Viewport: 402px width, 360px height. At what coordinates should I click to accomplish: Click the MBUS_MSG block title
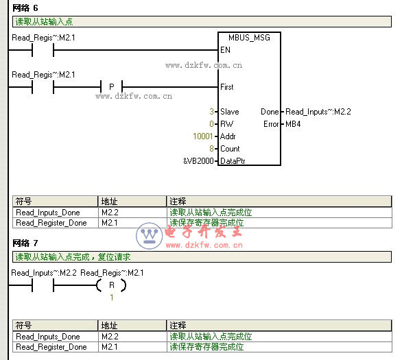pyautogui.click(x=249, y=38)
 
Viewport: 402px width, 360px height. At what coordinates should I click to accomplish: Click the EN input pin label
pyautogui.click(x=226, y=49)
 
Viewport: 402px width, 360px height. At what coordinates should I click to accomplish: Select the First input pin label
pyautogui.click(x=227, y=87)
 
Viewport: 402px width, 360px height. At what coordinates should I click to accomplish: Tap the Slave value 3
pyautogui.click(x=211, y=112)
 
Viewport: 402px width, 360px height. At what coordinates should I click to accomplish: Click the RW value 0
pyautogui.click(x=211, y=124)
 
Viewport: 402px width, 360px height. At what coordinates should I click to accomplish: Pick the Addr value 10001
pyautogui.click(x=203, y=136)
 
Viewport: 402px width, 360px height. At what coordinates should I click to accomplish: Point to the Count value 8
pyautogui.click(x=211, y=149)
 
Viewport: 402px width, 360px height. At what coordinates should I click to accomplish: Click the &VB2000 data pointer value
pyautogui.click(x=198, y=161)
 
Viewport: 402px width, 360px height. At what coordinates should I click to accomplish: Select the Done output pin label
pyautogui.click(x=270, y=112)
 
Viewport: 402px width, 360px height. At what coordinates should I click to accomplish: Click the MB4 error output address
pyautogui.click(x=293, y=124)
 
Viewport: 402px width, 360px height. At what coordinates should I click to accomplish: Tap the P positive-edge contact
pyautogui.click(x=112, y=87)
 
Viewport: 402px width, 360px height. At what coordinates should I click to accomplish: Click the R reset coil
pyautogui.click(x=111, y=285)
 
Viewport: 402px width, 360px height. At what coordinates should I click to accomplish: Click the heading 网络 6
pyautogui.click(x=25, y=8)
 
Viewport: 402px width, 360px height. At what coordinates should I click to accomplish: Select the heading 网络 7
pyautogui.click(x=25, y=243)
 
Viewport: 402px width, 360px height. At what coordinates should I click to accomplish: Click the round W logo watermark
pyautogui.click(x=150, y=236)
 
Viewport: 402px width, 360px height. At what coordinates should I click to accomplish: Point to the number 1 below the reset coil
pyautogui.click(x=112, y=297)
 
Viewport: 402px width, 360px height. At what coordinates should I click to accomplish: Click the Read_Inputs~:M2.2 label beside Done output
pyautogui.click(x=318, y=112)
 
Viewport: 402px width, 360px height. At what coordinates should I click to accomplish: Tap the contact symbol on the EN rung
pyautogui.click(x=43, y=50)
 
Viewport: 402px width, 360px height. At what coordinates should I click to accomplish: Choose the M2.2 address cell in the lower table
pyautogui.click(x=110, y=337)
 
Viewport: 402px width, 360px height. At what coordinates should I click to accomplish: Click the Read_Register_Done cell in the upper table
pyautogui.click(x=51, y=223)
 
